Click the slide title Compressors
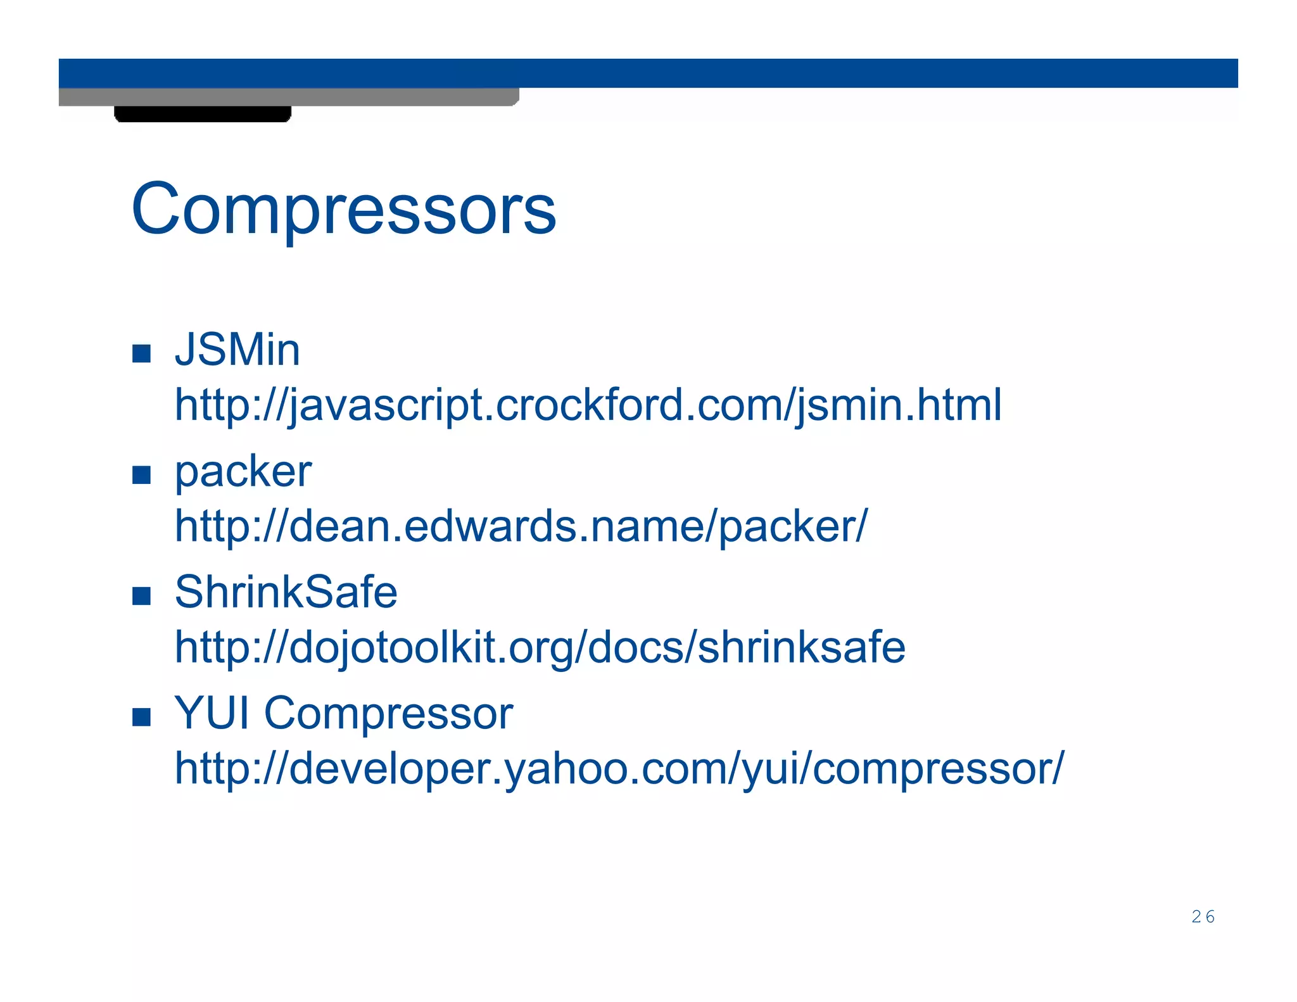tap(343, 210)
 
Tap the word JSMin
tap(237, 350)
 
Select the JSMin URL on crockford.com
tap(588, 405)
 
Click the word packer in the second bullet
tap(243, 472)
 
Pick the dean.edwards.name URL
tap(521, 526)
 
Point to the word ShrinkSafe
tap(286, 592)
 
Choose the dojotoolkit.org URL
tap(540, 647)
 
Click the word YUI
tap(212, 713)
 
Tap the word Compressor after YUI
tap(388, 713)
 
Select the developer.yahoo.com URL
tap(619, 769)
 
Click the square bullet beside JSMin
tap(141, 353)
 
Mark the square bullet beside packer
tap(141, 475)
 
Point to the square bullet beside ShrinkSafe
tap(141, 596)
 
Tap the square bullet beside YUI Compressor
tap(141, 717)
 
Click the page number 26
tap(1203, 916)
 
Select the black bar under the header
tap(203, 114)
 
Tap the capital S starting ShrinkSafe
tap(189, 592)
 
